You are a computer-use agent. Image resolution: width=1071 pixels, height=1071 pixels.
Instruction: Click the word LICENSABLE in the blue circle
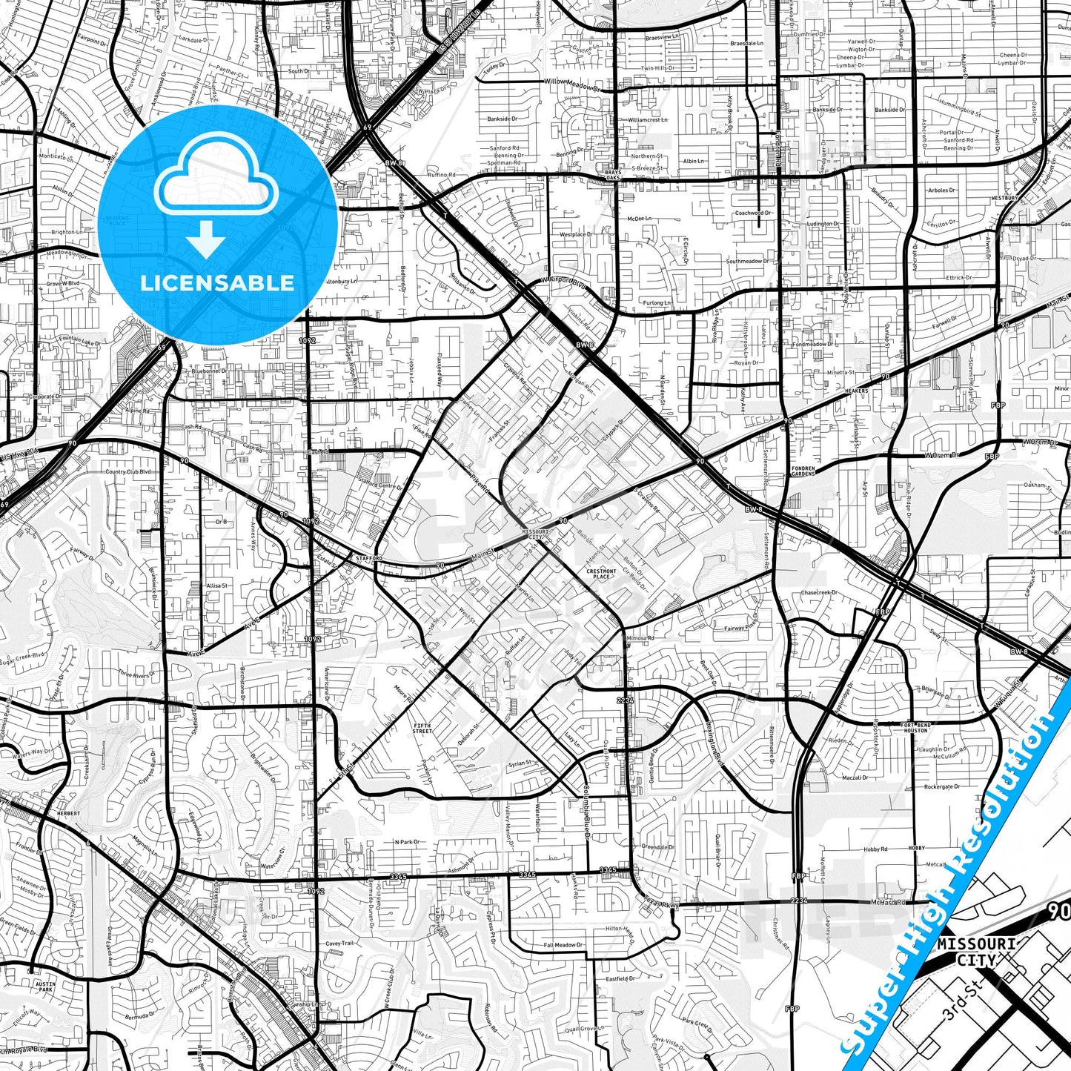[217, 283]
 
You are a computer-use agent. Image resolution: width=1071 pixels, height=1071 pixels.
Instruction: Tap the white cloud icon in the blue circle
[216, 175]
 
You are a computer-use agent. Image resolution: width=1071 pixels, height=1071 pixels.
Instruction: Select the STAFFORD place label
[368, 557]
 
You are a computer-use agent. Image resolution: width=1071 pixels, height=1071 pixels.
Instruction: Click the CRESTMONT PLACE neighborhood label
[600, 574]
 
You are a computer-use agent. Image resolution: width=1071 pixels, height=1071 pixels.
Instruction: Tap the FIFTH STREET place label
[422, 729]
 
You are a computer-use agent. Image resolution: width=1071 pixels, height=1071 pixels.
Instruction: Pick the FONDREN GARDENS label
[803, 471]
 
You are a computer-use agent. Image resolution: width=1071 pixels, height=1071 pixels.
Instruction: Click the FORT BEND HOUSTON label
[915, 727]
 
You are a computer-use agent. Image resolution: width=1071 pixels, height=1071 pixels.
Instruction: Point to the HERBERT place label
[67, 813]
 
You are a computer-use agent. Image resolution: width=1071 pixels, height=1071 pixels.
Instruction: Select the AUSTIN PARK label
[45, 987]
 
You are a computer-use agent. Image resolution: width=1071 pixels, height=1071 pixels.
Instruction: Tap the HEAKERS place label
[856, 391]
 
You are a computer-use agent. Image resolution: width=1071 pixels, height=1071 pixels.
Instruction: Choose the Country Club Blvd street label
[127, 472]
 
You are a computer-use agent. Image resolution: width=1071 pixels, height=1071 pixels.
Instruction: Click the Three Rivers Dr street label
[134, 674]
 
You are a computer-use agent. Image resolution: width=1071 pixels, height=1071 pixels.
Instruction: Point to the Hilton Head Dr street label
[620, 929]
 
